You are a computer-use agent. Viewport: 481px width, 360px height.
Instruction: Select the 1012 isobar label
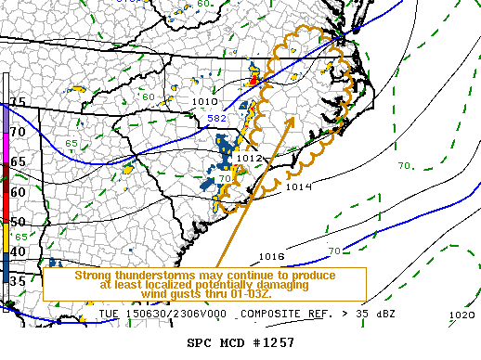pos(249,159)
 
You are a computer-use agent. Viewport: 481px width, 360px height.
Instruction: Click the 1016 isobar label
pos(271,256)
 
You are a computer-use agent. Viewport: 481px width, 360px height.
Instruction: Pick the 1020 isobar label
pos(461,315)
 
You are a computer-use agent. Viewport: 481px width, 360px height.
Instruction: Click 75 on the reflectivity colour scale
pos(17,102)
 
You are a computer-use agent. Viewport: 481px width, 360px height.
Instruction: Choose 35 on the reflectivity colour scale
pos(17,281)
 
